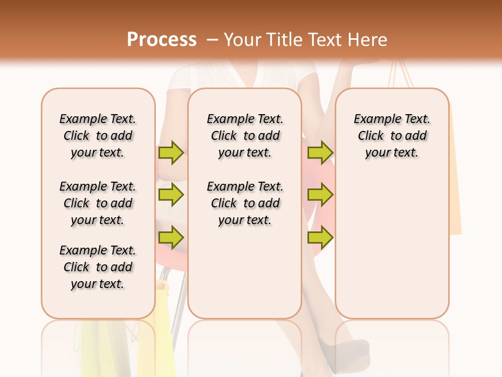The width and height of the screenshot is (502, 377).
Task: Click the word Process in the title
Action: (x=162, y=39)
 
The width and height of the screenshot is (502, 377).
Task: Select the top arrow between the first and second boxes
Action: (x=171, y=153)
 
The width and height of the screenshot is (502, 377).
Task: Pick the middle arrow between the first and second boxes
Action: (x=171, y=195)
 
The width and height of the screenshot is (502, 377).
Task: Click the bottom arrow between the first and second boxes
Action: (x=171, y=238)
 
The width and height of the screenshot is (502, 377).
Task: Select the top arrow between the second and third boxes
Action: (x=320, y=153)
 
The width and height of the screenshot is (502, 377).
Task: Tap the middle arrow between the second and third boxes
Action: (x=320, y=195)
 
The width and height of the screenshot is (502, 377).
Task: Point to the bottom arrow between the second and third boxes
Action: (x=320, y=238)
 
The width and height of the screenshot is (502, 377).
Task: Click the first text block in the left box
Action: (x=98, y=136)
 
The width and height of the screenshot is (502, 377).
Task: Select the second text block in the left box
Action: (x=98, y=203)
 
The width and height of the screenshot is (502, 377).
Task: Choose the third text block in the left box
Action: (x=98, y=267)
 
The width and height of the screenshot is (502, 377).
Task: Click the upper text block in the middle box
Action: (x=245, y=136)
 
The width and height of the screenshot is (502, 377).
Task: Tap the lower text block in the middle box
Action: (x=245, y=203)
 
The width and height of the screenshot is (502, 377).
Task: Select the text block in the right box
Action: (x=392, y=136)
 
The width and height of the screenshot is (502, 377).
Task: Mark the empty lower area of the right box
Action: (x=392, y=241)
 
